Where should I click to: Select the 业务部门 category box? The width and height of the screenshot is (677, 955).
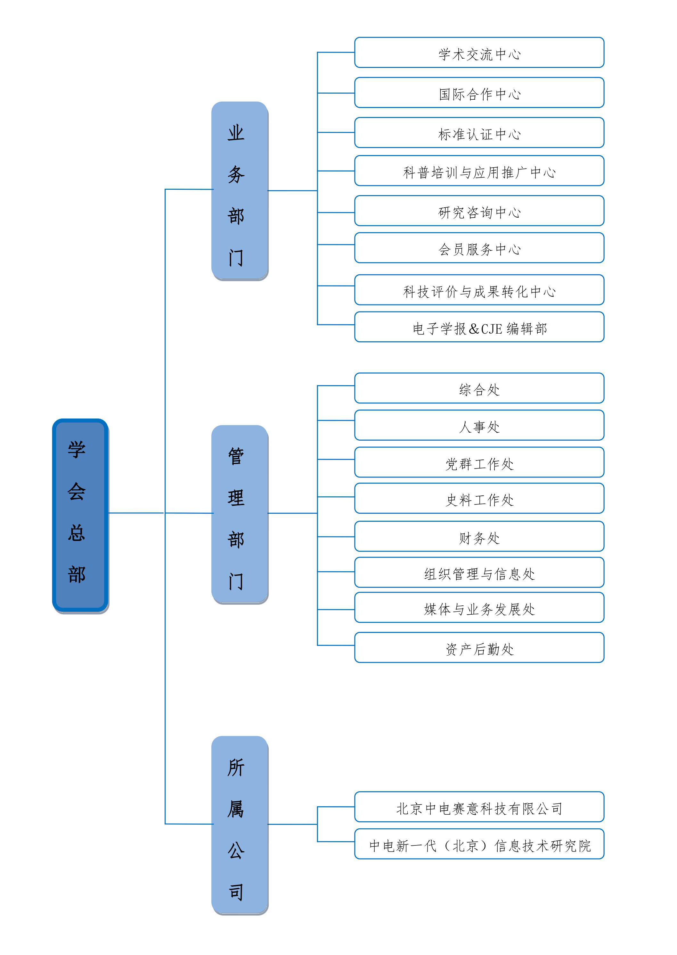(240, 191)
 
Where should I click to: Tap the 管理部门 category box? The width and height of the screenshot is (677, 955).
(240, 514)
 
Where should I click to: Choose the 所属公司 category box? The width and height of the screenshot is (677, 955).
(240, 825)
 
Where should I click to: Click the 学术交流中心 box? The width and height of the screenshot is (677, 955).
(479, 53)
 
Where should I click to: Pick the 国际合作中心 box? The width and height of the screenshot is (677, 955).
(479, 93)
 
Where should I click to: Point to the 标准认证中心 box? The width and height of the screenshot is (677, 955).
(479, 133)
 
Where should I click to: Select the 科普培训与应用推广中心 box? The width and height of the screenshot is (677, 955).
(479, 171)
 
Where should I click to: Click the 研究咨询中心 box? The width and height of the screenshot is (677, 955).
(479, 211)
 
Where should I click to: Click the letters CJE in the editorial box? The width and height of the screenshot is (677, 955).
(492, 329)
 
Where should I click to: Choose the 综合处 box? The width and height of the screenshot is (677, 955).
(479, 388)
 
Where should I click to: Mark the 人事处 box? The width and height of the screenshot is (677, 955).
(479, 426)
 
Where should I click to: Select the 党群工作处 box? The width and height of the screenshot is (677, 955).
(479, 462)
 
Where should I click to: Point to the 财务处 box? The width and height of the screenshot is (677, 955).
(479, 536)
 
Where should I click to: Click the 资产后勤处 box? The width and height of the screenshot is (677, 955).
(479, 648)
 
